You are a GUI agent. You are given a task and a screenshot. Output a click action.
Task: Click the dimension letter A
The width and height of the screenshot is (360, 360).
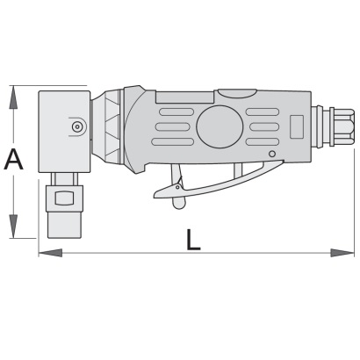click(13, 160)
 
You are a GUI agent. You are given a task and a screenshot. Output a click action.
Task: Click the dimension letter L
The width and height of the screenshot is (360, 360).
click(193, 240)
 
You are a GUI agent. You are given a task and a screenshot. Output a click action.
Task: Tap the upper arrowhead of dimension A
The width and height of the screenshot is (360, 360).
click(13, 97)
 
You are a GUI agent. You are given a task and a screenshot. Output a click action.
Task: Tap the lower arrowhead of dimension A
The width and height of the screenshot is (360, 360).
click(13, 226)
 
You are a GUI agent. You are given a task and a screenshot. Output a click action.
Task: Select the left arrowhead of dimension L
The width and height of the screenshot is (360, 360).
click(51, 253)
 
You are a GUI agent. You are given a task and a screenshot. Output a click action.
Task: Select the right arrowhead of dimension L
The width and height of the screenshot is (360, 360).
click(342, 253)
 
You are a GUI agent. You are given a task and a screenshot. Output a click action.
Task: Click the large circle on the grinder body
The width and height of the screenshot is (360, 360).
click(220, 127)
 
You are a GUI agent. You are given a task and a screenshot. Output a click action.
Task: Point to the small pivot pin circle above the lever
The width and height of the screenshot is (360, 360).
click(272, 154)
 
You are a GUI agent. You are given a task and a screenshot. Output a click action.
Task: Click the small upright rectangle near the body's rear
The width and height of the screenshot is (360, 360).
click(297, 126)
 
